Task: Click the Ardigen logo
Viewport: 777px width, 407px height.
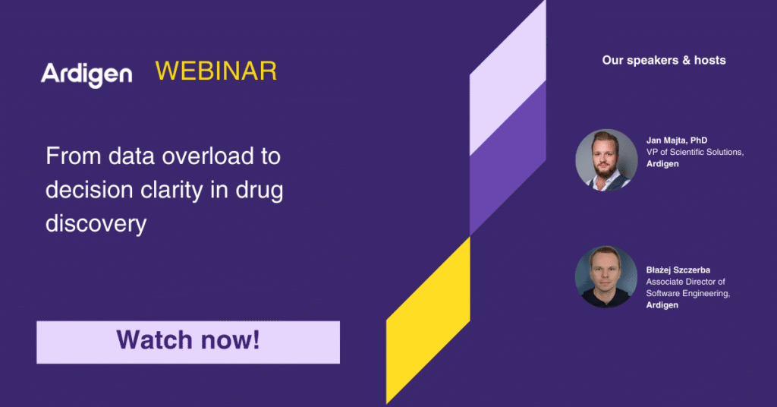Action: [x=87, y=74]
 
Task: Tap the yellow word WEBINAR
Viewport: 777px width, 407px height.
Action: [x=216, y=71]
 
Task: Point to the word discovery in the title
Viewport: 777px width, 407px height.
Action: [x=96, y=223]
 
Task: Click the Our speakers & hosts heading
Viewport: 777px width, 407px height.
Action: [x=664, y=61]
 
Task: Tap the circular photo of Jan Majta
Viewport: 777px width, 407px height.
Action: [x=606, y=160]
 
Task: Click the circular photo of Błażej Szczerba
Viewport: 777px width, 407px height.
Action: [x=606, y=277]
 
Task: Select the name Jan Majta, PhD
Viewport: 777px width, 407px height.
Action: [x=676, y=140]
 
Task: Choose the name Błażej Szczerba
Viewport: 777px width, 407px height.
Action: [x=678, y=270]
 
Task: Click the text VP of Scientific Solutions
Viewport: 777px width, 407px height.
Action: [x=695, y=152]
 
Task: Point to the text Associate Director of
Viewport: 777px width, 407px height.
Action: [x=685, y=282]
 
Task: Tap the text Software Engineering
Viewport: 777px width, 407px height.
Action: [x=687, y=293]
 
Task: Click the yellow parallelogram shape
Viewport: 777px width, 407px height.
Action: [x=428, y=320]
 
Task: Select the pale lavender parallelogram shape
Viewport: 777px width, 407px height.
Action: [x=508, y=77]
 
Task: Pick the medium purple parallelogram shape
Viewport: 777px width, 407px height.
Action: [x=508, y=158]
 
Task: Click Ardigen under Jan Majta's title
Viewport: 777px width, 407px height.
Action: [x=662, y=164]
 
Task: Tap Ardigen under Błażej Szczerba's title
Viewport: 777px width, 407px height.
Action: [x=662, y=305]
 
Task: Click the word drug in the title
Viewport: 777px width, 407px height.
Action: [x=260, y=190]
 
